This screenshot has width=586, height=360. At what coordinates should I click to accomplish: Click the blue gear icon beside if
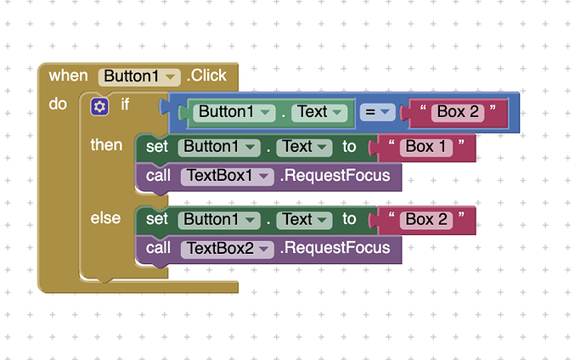click(x=100, y=106)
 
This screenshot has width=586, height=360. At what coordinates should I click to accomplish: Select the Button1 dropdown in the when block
click(x=139, y=76)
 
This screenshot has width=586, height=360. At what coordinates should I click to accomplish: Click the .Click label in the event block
click(x=206, y=76)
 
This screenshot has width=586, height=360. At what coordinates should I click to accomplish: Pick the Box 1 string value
click(x=426, y=147)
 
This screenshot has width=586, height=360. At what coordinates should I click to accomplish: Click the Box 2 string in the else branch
click(x=426, y=219)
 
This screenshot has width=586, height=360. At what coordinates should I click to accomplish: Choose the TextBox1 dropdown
click(x=226, y=177)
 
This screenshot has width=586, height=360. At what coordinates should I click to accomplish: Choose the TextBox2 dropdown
click(x=226, y=249)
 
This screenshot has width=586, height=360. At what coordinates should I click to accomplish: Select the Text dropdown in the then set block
click(x=304, y=147)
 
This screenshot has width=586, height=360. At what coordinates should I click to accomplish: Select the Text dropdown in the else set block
click(x=304, y=219)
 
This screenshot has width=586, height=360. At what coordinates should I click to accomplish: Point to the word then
click(x=106, y=145)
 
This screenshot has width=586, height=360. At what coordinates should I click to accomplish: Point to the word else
click(x=105, y=218)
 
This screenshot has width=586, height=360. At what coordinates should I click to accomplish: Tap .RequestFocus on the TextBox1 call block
click(x=335, y=177)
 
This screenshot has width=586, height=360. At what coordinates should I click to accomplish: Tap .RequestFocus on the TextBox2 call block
click(x=335, y=249)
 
